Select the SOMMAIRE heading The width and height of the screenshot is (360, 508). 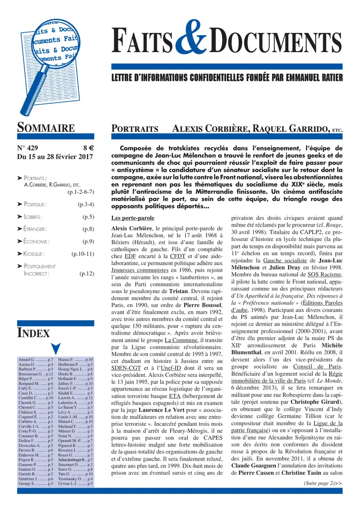coord(46,128)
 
